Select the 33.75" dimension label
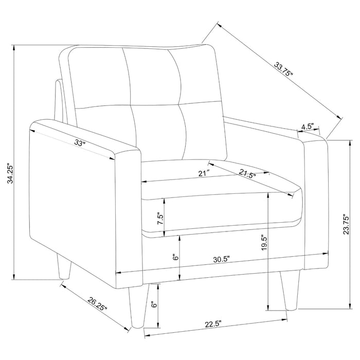tap(284, 69)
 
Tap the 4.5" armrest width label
tap(308, 125)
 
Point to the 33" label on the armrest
tap(80, 143)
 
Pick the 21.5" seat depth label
tap(248, 174)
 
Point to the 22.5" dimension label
tap(212, 324)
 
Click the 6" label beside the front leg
tap(153, 304)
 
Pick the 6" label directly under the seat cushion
tap(175, 258)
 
